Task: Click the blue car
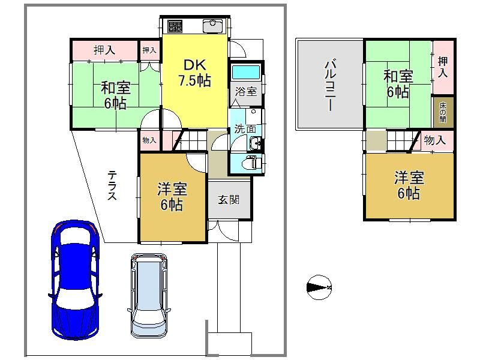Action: (75, 280)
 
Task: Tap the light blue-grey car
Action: (149, 295)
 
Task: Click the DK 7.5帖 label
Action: (194, 73)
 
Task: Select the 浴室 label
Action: (246, 91)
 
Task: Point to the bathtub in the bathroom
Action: (246, 73)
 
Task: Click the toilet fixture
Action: (251, 163)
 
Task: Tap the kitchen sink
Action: (213, 26)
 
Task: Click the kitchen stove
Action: (175, 26)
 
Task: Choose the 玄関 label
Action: (229, 200)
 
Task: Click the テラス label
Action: (112, 185)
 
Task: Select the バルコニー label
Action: (329, 86)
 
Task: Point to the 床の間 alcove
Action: (443, 112)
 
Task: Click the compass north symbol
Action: (319, 287)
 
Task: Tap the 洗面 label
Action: (245, 129)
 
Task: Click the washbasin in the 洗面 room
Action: (254, 143)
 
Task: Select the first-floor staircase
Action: (191, 140)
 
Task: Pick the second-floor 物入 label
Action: (434, 140)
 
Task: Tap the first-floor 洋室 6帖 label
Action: (172, 197)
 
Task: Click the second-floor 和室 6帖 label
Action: (398, 84)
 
